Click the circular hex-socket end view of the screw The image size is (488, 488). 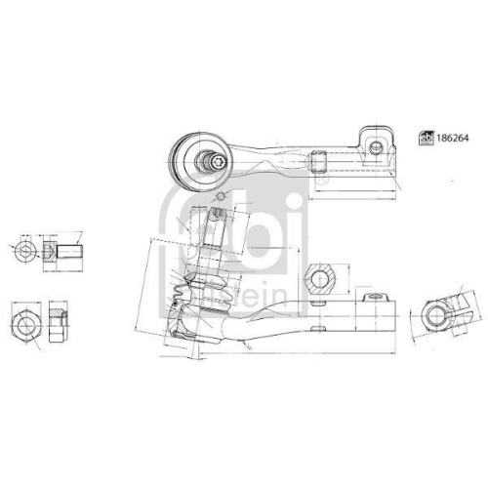tap(26, 252)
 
